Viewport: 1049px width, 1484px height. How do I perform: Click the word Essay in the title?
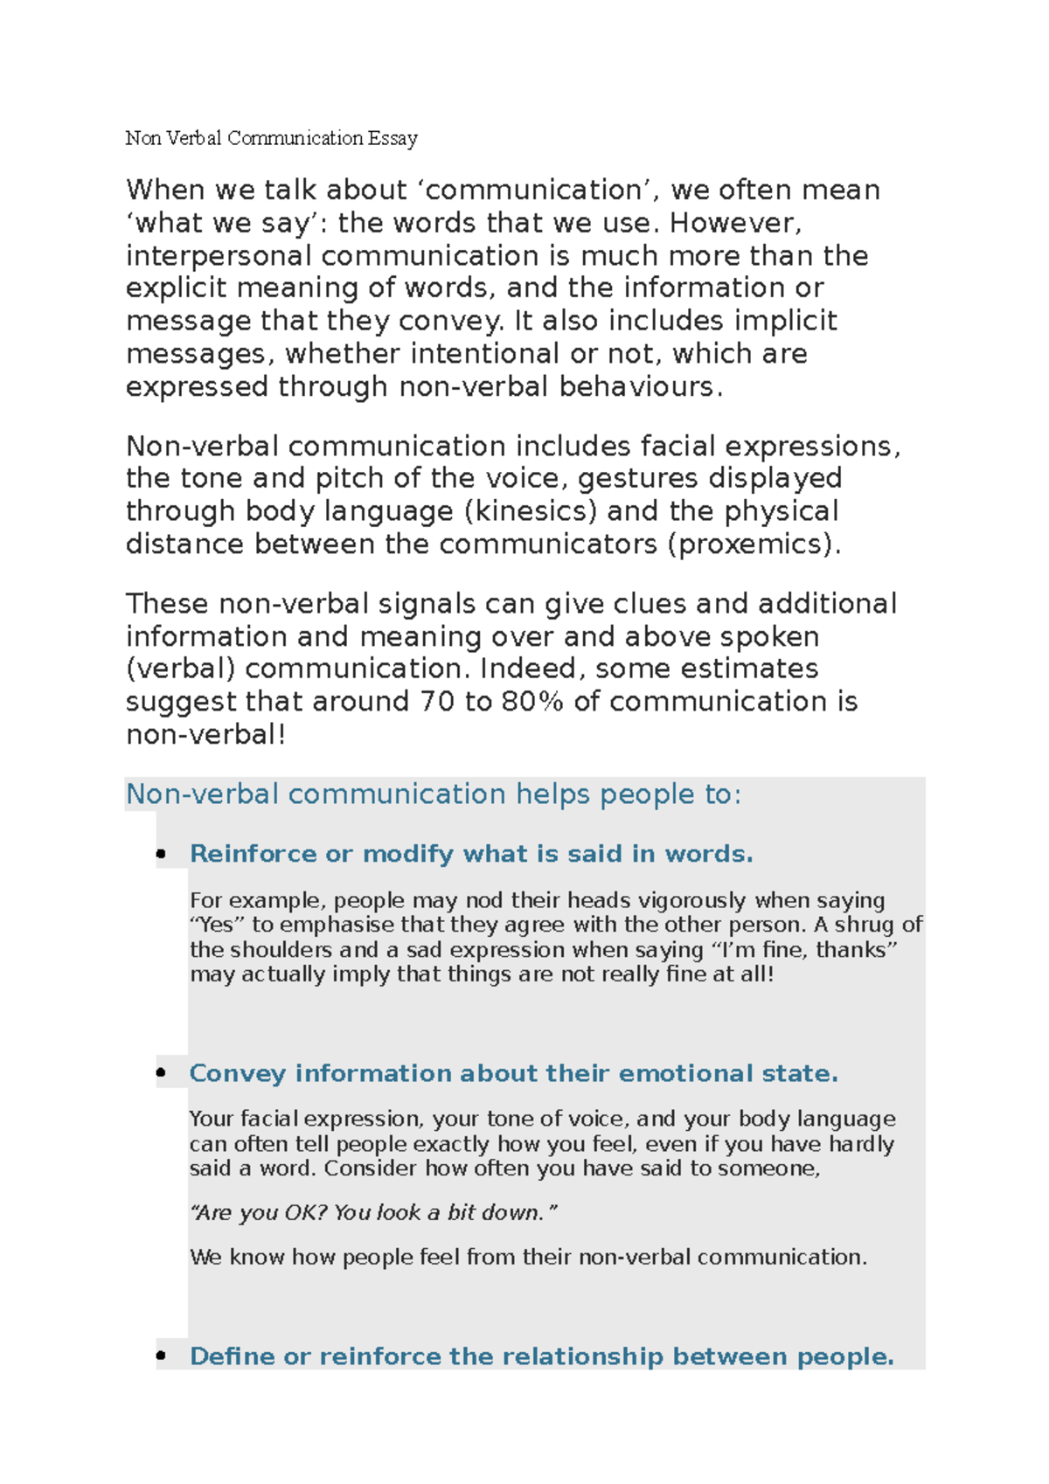coord(393,138)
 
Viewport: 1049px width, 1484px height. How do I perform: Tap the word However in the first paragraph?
coord(734,223)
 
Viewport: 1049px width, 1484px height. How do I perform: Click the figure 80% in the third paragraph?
coord(532,702)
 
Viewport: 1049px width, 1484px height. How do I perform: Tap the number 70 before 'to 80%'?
coord(436,702)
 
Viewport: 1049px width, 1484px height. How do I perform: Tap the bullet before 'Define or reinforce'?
coord(161,1356)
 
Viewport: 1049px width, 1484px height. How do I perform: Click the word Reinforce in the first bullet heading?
coord(253,854)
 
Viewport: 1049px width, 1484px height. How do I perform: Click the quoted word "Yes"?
coord(218,926)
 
